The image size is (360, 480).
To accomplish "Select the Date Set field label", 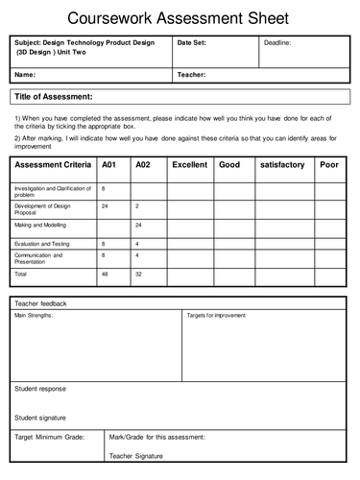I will coord(196,44).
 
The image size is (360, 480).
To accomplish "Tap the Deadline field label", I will coord(277,44).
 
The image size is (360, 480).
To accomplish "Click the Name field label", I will coord(26,74).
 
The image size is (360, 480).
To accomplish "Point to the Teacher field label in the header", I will coord(193,74).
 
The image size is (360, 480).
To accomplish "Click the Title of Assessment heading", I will coord(53,97).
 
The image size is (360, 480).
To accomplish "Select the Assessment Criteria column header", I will coord(52,165).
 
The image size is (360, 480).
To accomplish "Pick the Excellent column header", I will coord(189,165).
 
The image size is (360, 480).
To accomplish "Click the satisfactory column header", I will coord(281,165).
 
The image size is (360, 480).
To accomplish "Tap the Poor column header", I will coord(329,165).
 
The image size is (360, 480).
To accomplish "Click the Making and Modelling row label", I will coord(39,225).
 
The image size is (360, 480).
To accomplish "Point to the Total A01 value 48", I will coord(106,274).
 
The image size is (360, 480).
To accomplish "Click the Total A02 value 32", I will coord(138,274).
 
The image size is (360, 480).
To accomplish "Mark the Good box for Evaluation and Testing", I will coord(233,244).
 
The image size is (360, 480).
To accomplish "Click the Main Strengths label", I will coord(34,315).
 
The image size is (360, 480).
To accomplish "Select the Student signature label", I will coord(41,418).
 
